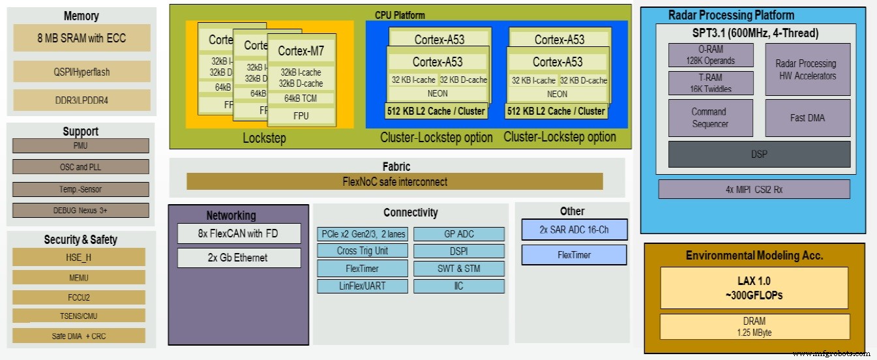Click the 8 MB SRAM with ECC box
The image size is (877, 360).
[82, 38]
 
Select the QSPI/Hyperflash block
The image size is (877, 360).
[82, 72]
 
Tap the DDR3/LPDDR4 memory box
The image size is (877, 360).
[82, 100]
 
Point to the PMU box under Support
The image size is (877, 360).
[80, 145]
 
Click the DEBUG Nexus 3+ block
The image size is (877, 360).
[80, 211]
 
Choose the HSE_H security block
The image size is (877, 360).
[78, 257]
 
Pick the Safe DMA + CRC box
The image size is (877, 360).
[78, 336]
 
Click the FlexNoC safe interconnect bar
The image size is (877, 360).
[394, 181]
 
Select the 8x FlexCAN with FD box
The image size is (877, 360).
[239, 233]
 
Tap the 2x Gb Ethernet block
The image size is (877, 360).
[239, 258]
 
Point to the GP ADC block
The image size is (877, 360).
[459, 233]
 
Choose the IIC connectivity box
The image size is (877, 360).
[459, 286]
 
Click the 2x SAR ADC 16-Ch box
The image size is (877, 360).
[574, 230]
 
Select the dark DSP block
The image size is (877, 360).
[759, 154]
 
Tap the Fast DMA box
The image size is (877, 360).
[807, 118]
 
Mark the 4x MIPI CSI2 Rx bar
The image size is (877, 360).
[754, 189]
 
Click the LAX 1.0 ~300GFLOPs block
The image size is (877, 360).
[754, 288]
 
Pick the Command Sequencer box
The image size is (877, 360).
[710, 118]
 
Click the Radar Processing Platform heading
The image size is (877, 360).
[731, 15]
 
